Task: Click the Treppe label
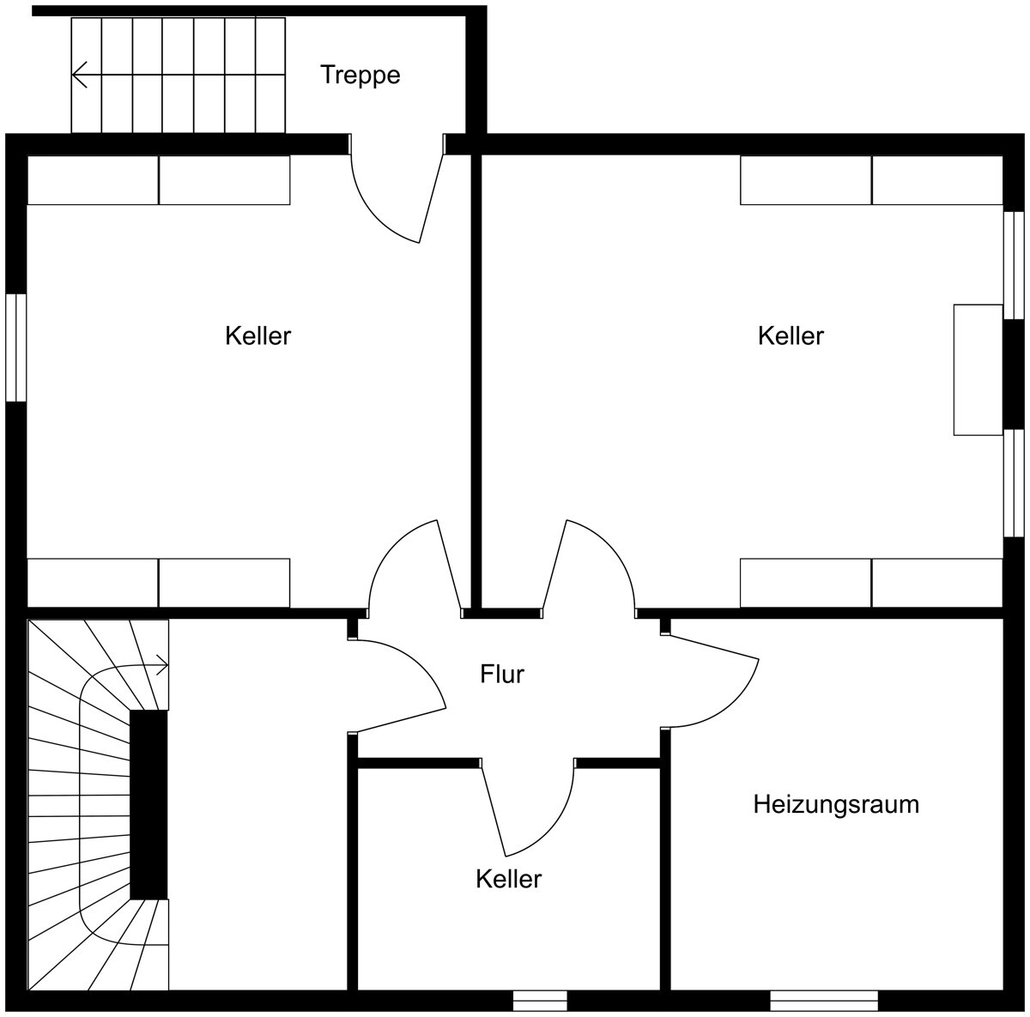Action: (360, 75)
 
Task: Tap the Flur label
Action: (502, 675)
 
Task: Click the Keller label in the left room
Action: (257, 336)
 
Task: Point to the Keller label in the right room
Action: (791, 336)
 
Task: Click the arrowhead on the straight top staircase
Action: (79, 75)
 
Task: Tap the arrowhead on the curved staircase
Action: (162, 666)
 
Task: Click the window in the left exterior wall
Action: (15, 348)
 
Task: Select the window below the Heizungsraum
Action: (824, 1001)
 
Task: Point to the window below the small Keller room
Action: (539, 1001)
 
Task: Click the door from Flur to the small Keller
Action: (527, 807)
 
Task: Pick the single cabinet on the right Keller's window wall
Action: (978, 370)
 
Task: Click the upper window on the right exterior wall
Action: (1014, 265)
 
